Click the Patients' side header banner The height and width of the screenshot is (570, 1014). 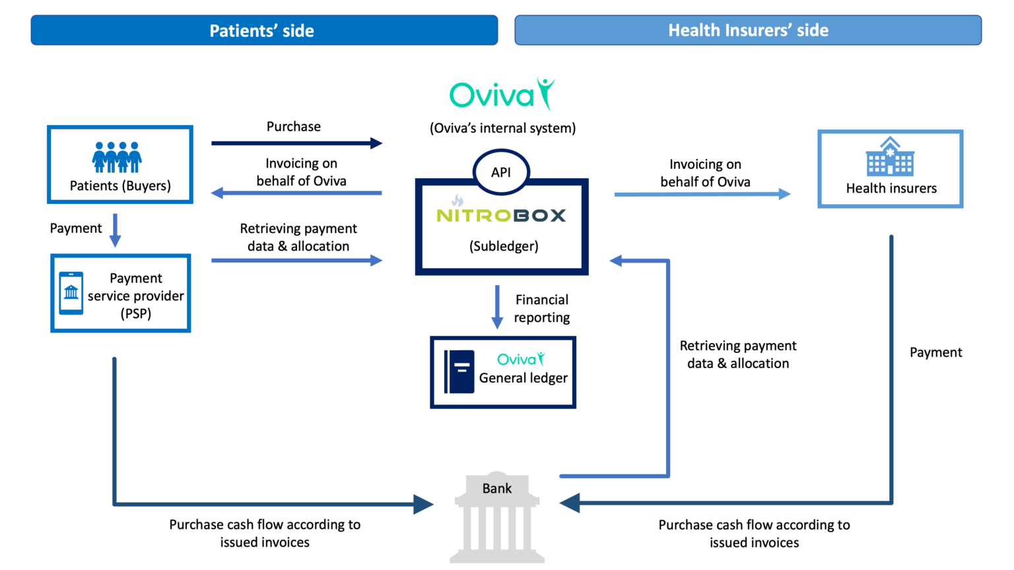click(264, 30)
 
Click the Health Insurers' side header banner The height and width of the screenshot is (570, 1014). click(748, 30)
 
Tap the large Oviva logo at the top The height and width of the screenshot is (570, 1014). click(502, 95)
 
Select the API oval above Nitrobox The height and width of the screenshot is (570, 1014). click(501, 172)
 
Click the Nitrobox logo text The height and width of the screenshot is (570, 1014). click(501, 215)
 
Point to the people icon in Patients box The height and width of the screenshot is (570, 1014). click(117, 157)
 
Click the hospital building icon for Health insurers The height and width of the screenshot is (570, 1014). click(890, 156)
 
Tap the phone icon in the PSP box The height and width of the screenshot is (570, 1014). click(71, 293)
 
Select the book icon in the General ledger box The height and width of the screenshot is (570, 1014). click(459, 371)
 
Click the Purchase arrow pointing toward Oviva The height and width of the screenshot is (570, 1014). click(296, 143)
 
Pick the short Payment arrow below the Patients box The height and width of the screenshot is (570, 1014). click(115, 230)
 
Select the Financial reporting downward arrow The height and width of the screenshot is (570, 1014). click(497, 307)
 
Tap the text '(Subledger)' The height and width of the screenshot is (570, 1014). click(504, 246)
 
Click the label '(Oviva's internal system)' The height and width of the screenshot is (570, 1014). click(502, 128)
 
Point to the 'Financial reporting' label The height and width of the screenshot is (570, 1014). click(542, 309)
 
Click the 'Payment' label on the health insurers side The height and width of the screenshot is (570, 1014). click(935, 352)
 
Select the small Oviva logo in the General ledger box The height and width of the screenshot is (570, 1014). click(521, 359)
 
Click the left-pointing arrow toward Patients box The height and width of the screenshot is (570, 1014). click(296, 193)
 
